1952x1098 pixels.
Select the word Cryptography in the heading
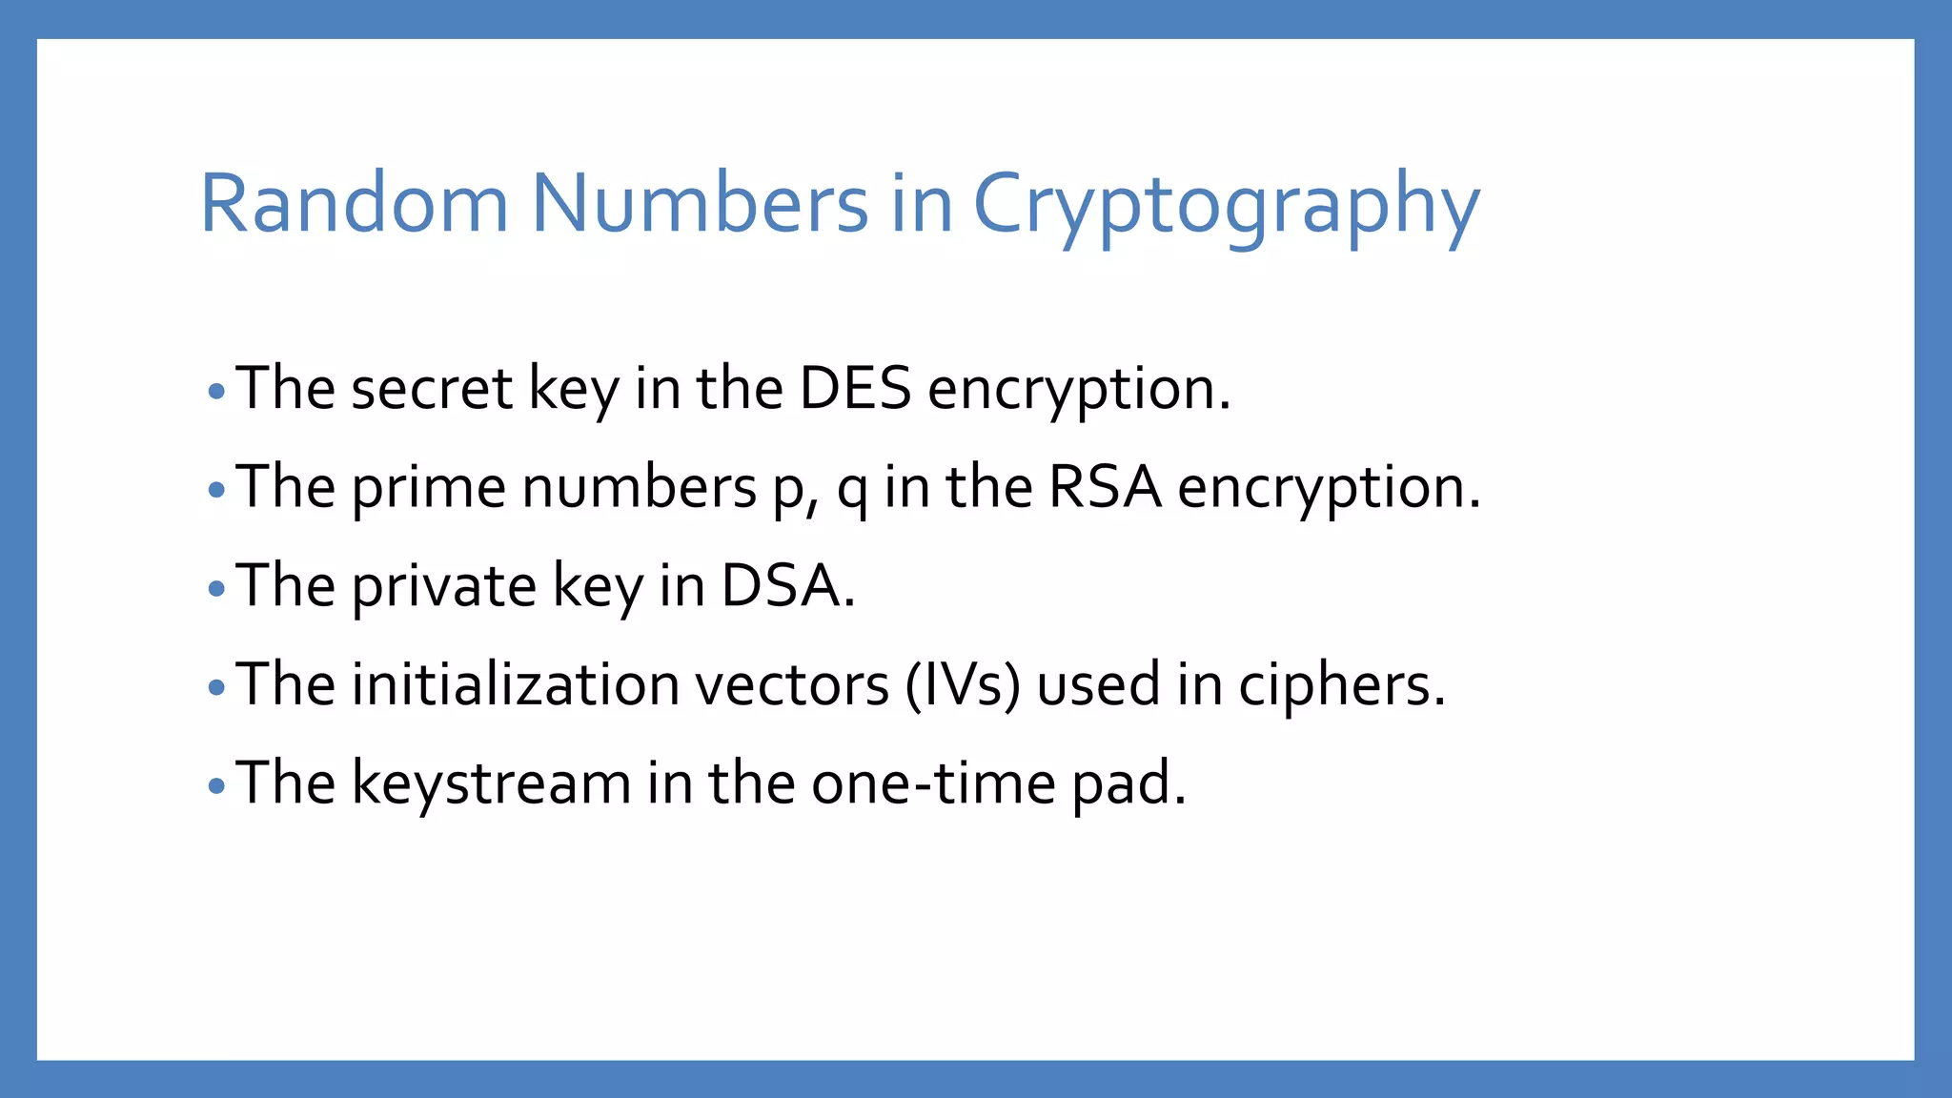1226,205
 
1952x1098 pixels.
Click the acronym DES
855,389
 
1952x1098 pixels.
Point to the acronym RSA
1105,487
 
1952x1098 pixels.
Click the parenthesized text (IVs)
962,684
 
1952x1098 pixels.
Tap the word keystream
491,783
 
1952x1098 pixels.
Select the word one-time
933,783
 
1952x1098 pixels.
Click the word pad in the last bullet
1128,783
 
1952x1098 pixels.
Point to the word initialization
515,684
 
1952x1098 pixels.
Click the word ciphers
1341,686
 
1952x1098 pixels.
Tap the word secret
432,389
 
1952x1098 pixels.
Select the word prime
428,489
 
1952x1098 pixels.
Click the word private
444,587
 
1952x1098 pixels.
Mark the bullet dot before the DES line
216,391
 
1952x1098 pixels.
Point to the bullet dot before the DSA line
216,588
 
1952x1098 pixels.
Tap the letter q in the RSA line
851,492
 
